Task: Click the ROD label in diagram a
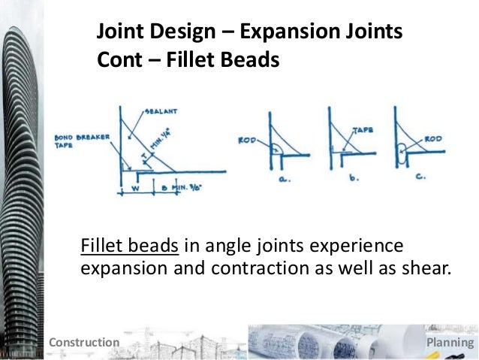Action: pyautogui.click(x=246, y=140)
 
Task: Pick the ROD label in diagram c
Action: pyautogui.click(x=432, y=139)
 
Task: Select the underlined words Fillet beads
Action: pyautogui.click(x=128, y=247)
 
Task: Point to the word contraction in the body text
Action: pyautogui.click(x=252, y=269)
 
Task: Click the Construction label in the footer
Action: pyautogui.click(x=83, y=343)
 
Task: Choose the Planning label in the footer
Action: pyautogui.click(x=450, y=343)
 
